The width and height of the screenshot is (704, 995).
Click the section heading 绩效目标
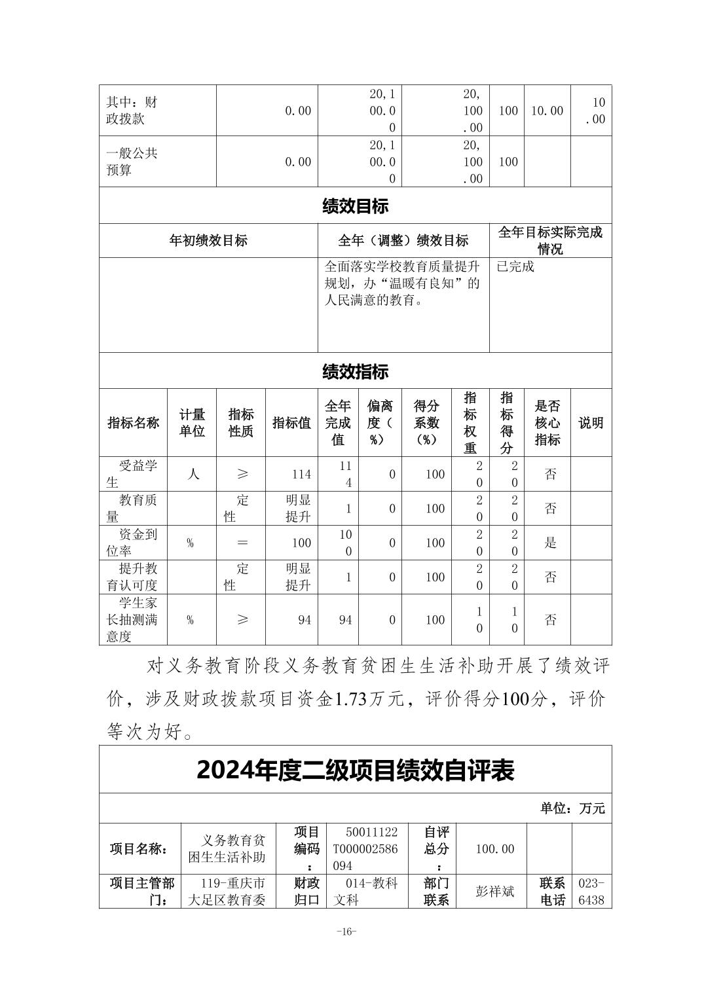pos(355,206)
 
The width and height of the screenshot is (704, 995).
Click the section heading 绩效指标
pos(355,372)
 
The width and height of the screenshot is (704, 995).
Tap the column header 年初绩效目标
pos(208,240)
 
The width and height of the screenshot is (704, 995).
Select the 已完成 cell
pos(515,266)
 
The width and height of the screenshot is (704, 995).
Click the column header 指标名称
pos(134,423)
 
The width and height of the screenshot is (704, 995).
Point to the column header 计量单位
pos(193,423)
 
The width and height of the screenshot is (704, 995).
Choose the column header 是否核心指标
pos(547,423)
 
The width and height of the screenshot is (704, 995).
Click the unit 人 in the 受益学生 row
pos(193,474)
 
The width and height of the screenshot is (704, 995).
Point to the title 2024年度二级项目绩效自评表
pos(355,770)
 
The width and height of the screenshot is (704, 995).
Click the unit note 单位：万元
pos(572,808)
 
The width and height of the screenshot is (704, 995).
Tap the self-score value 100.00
pos(494,849)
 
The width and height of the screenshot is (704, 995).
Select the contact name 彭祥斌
pos(494,892)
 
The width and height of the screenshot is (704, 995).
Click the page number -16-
pos(346,932)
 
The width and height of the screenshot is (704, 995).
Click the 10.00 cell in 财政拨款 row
pos(547,111)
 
